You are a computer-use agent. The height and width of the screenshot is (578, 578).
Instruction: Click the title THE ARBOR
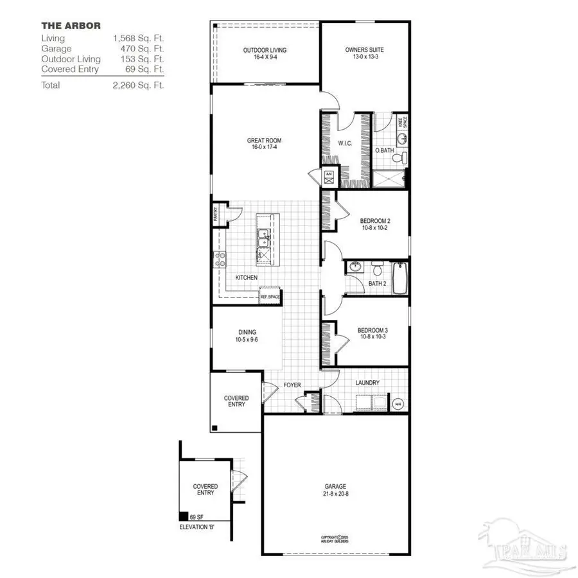(x=71, y=26)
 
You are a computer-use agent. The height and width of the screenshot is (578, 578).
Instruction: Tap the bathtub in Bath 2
(x=399, y=278)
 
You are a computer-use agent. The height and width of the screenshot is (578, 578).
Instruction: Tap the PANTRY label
(x=216, y=213)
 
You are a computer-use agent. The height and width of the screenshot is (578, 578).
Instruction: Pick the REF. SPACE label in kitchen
(x=270, y=297)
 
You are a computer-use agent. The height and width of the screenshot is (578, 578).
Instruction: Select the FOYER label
(x=292, y=385)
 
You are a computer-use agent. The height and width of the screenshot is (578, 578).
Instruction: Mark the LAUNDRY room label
(x=367, y=383)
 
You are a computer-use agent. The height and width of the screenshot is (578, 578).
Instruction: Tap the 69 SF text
(x=197, y=516)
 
